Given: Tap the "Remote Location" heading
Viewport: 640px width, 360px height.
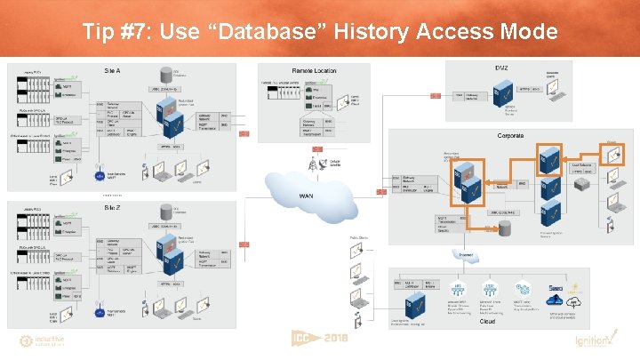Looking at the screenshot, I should (x=314, y=70).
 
